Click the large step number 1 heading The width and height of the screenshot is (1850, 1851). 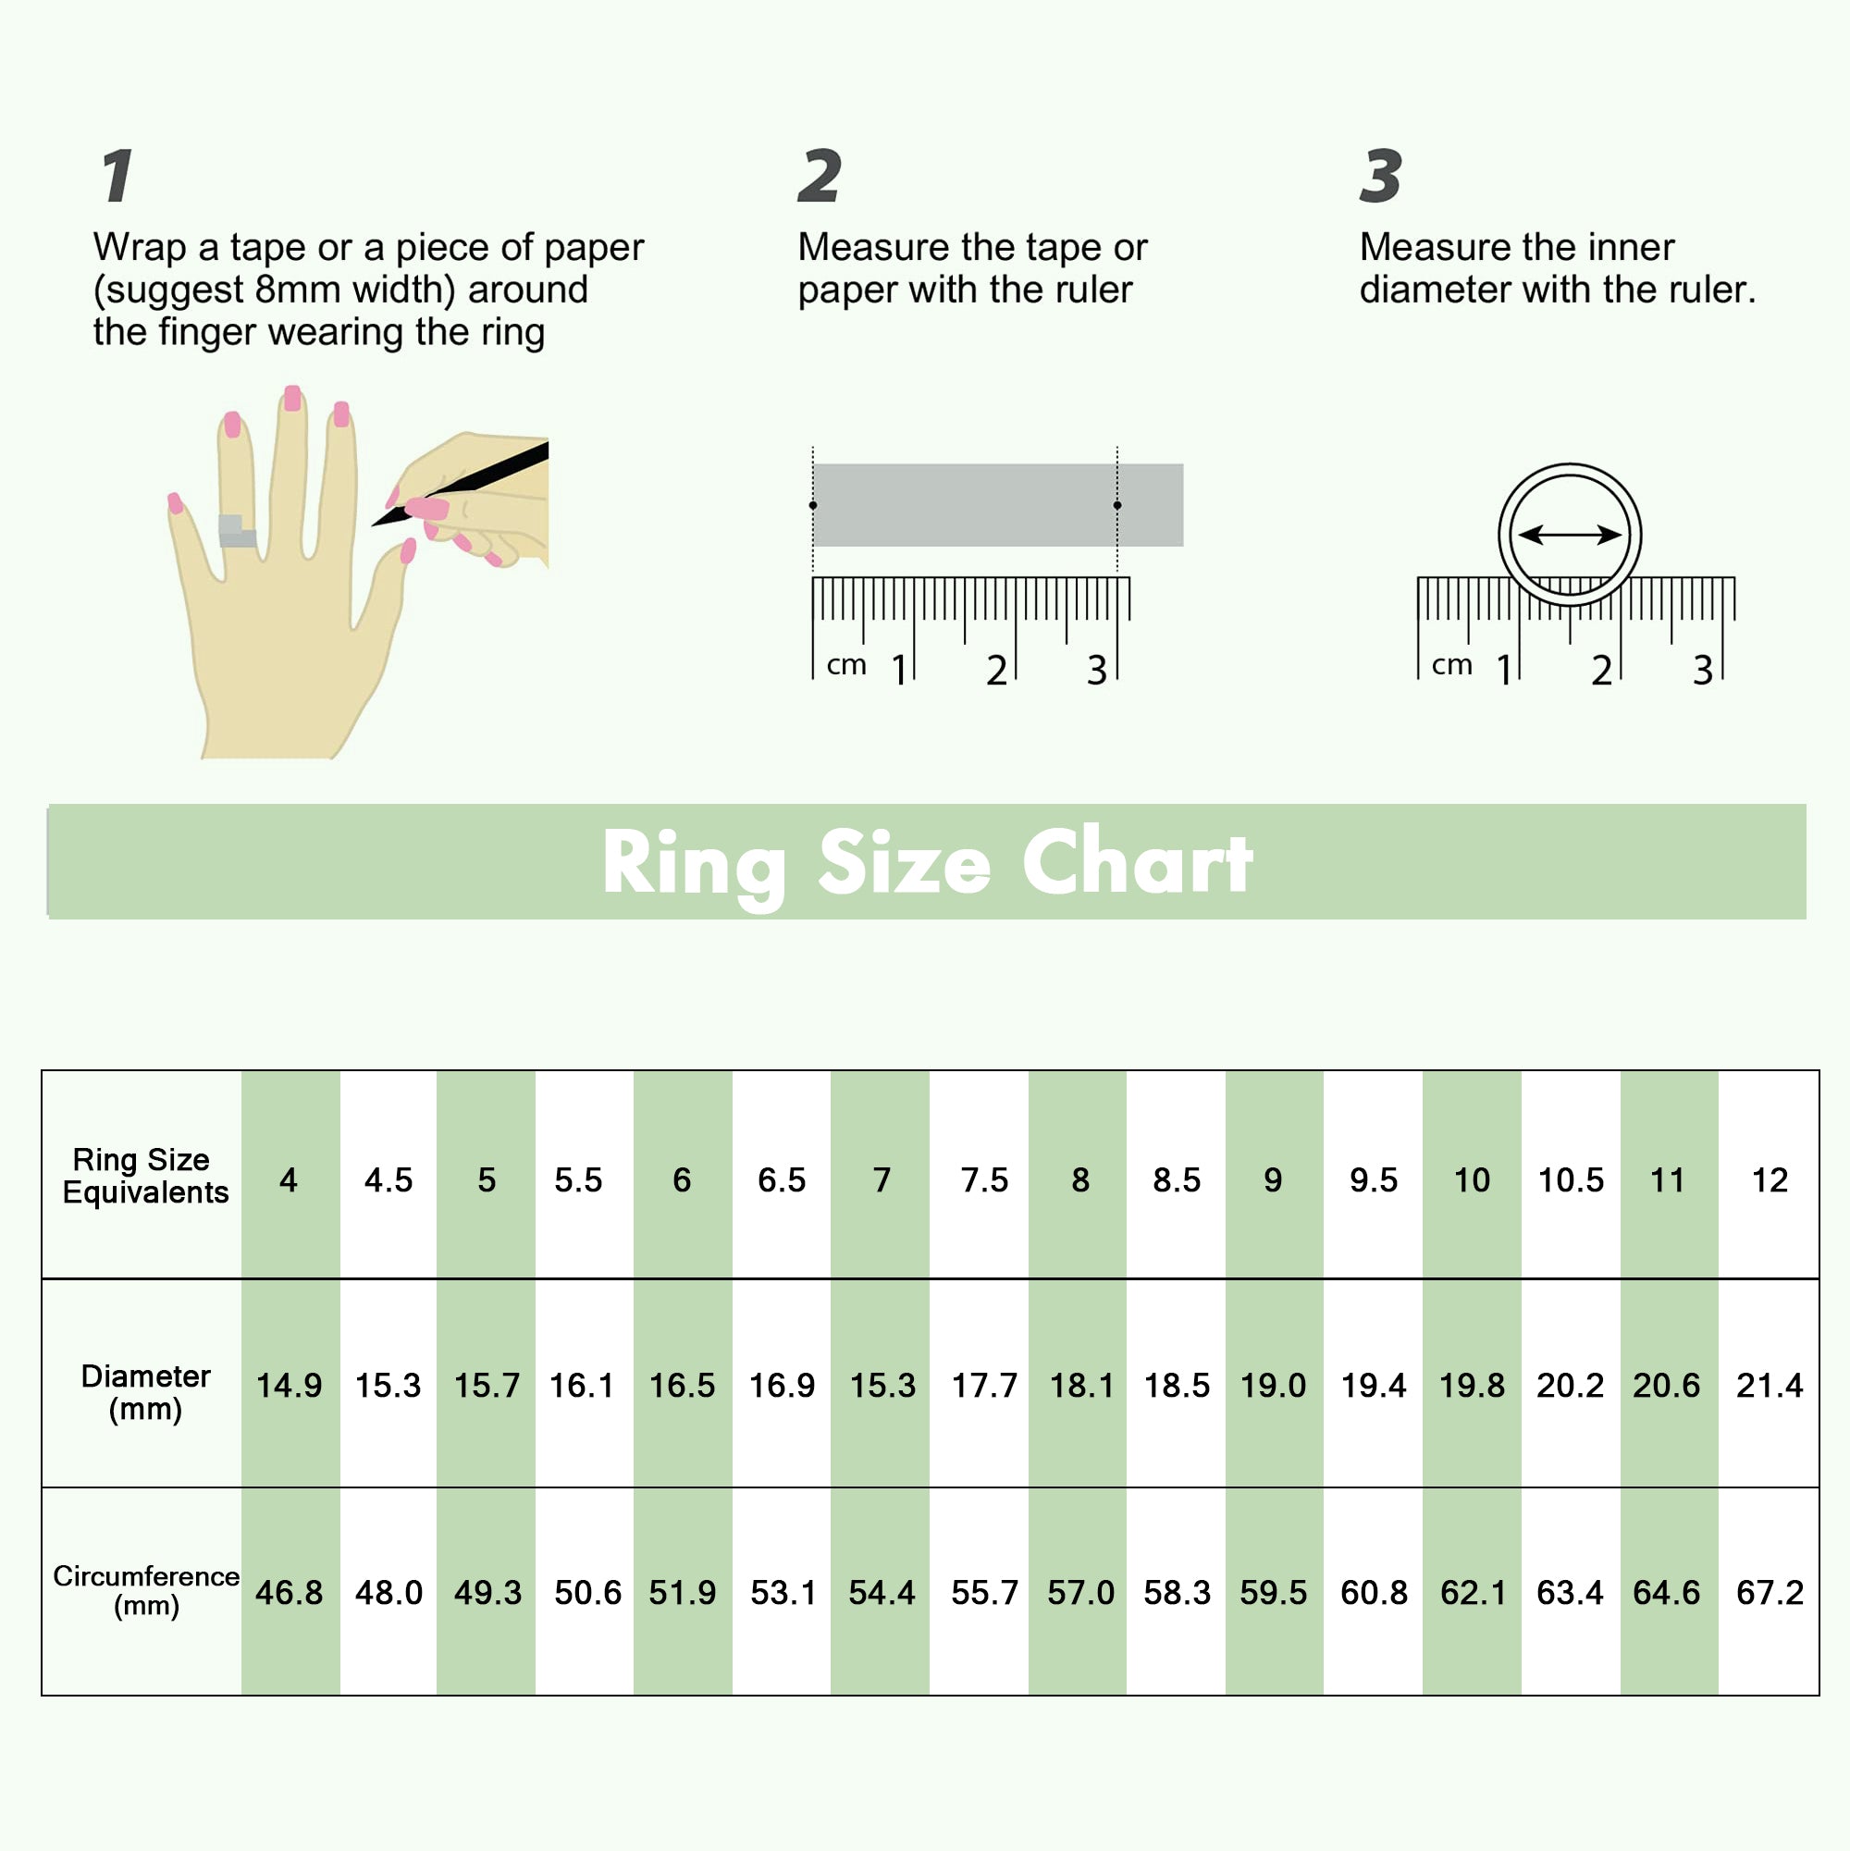117,177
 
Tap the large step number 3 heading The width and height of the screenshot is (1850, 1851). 1380,177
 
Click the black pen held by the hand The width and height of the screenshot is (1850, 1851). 460,483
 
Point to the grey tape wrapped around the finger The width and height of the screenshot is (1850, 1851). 237,531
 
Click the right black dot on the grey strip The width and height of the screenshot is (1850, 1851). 1117,505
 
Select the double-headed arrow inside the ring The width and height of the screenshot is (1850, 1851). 1570,535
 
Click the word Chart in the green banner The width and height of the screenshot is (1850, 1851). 1137,862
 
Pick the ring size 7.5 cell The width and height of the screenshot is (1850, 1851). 984,1179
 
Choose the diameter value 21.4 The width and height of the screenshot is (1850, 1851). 1769,1386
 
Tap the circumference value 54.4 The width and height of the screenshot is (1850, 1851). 882,1592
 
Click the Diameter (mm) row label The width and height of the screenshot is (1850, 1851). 145,1392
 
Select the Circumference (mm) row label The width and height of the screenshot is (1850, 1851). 145,1590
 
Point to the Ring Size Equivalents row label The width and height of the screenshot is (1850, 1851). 145,1176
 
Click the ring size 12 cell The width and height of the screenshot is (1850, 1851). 1769,1179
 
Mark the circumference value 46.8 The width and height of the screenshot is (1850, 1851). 289,1592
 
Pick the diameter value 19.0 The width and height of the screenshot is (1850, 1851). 1272,1386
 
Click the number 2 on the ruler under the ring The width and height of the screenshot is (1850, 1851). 1601,671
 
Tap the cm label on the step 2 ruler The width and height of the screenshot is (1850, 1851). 846,665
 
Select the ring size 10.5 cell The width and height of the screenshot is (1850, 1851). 1571,1179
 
